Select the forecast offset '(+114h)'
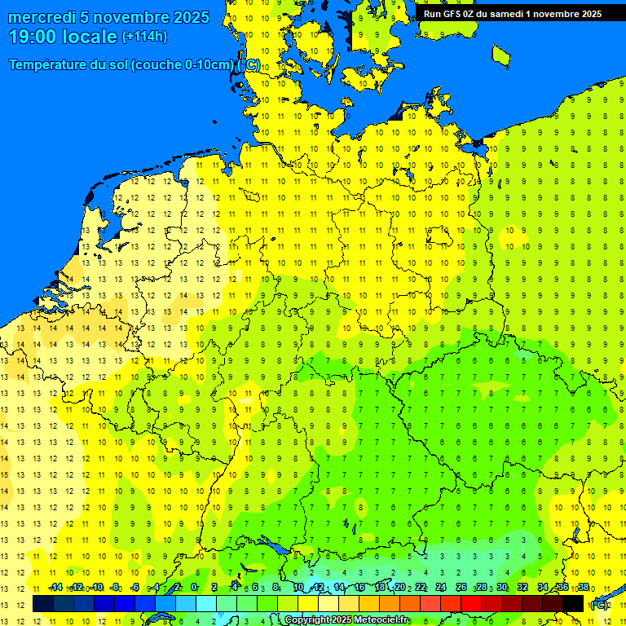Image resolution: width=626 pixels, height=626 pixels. click(145, 37)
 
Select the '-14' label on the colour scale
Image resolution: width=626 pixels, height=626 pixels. click(55, 587)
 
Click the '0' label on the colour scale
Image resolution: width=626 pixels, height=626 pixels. click(194, 587)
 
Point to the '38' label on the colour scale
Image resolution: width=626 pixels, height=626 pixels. click(584, 587)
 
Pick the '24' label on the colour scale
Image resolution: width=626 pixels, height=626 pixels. click(441, 587)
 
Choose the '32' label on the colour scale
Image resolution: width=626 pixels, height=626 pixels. click(522, 587)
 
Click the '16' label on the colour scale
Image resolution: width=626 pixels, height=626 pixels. click(359, 587)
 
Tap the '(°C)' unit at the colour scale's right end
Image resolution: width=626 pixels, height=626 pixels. click(599, 605)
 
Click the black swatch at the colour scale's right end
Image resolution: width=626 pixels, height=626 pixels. click(573, 603)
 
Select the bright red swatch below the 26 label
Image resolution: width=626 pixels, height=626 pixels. click(470, 603)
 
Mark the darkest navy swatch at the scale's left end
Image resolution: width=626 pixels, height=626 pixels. click(43, 603)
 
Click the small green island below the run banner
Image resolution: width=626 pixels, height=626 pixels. click(500, 55)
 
